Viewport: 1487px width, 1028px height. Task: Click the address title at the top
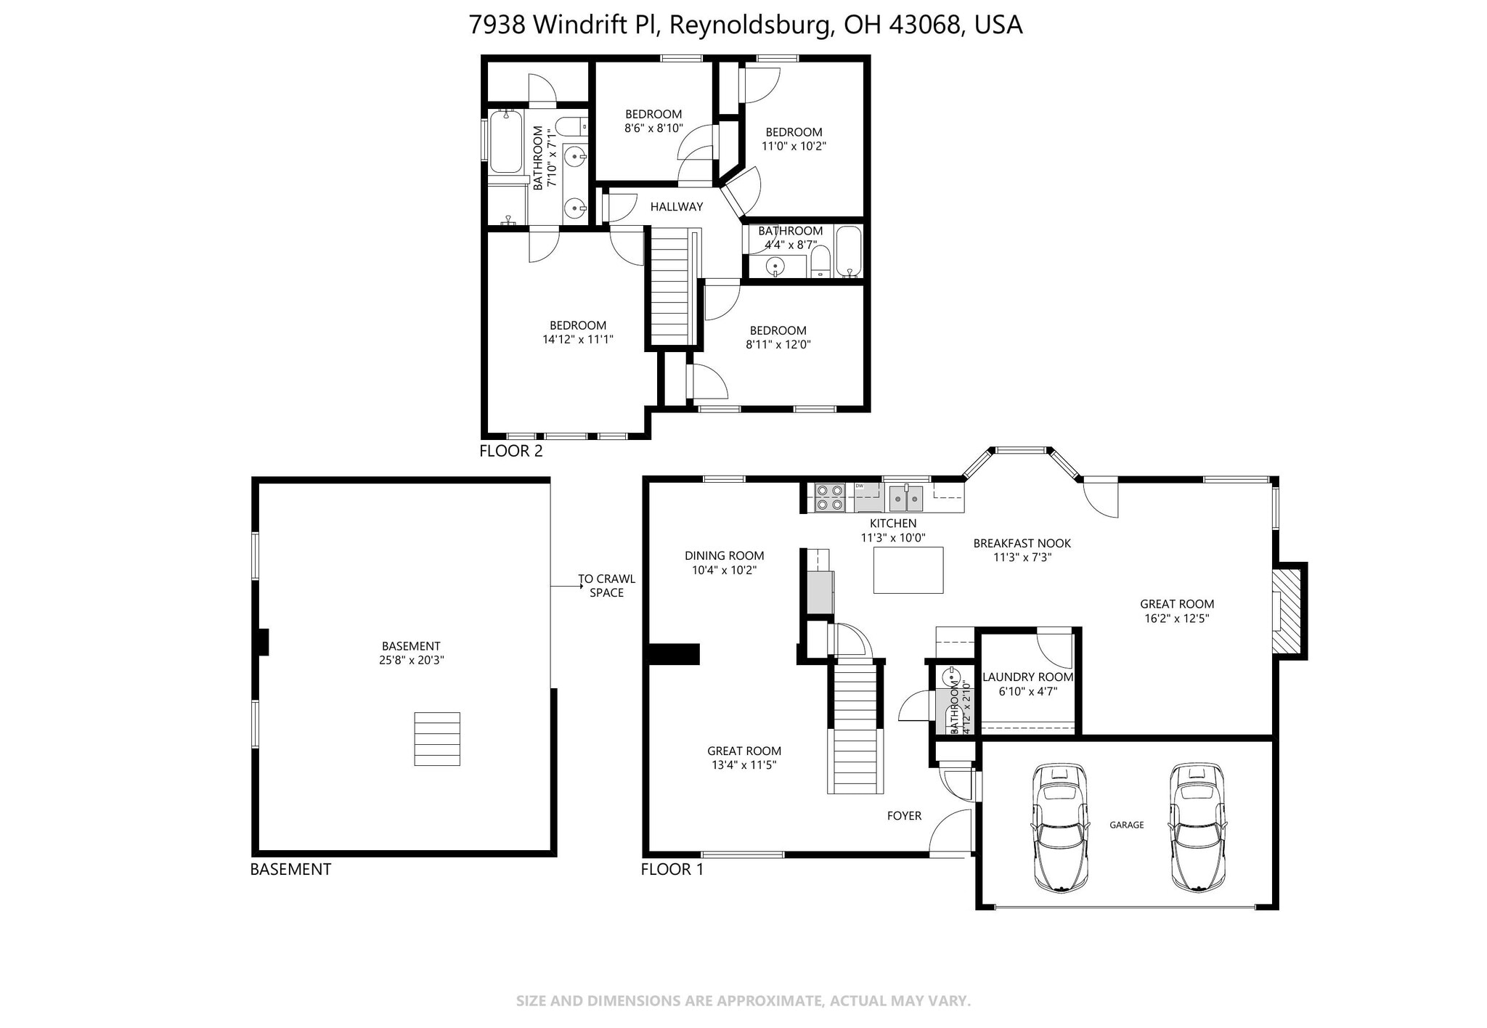(745, 25)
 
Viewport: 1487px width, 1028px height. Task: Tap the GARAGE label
(1126, 825)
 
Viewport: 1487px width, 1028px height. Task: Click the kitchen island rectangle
(908, 570)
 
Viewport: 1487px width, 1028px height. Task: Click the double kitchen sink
(906, 497)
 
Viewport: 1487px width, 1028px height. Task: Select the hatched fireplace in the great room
(1287, 611)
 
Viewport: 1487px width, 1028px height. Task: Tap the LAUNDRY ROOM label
(1027, 677)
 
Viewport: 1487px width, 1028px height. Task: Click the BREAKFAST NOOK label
(1022, 543)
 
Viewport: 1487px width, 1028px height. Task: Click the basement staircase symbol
(437, 738)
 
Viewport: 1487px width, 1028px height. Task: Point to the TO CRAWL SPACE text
(606, 586)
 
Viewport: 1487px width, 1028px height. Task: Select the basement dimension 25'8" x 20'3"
(411, 661)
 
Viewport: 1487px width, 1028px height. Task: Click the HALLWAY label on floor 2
(676, 207)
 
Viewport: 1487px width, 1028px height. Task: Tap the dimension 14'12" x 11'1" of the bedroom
(578, 339)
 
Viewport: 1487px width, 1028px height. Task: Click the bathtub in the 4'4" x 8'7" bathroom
(848, 250)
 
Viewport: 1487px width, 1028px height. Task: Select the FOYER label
(904, 816)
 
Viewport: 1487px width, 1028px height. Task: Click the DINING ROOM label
(724, 556)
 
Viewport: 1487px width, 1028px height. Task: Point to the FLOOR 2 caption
(510, 451)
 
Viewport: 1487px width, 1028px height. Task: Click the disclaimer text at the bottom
(743, 1001)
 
